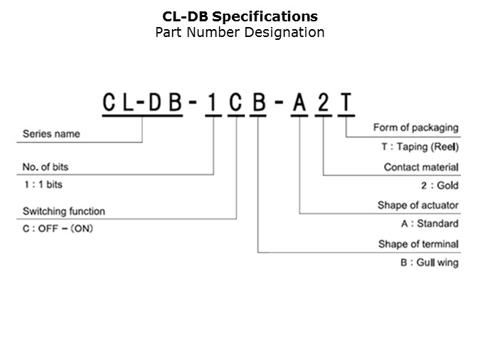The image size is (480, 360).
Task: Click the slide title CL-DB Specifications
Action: pos(240,16)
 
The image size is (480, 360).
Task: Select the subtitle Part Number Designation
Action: pos(240,33)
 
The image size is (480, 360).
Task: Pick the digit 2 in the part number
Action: pos(324,102)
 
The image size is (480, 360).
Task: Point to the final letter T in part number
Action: pos(346,102)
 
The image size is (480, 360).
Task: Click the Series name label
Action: pos(51,134)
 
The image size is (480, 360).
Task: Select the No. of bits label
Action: pos(50,167)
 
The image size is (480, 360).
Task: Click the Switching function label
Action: pos(64,211)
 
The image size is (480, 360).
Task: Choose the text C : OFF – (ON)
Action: pos(58,229)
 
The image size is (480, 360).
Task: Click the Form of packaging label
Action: pos(415,128)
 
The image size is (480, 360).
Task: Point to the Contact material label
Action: pos(421,167)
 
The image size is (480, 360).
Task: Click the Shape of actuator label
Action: pos(417,206)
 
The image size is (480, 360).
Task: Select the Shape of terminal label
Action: pos(418,244)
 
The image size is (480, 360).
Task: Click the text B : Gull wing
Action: pos(429,263)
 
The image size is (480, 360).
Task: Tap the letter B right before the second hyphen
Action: pos(259,102)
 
